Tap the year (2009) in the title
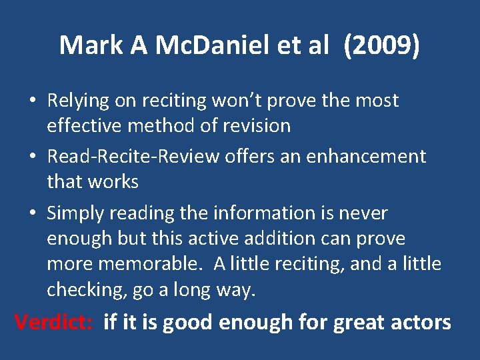point(382,45)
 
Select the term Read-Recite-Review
point(133,157)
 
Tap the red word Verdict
point(54,322)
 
